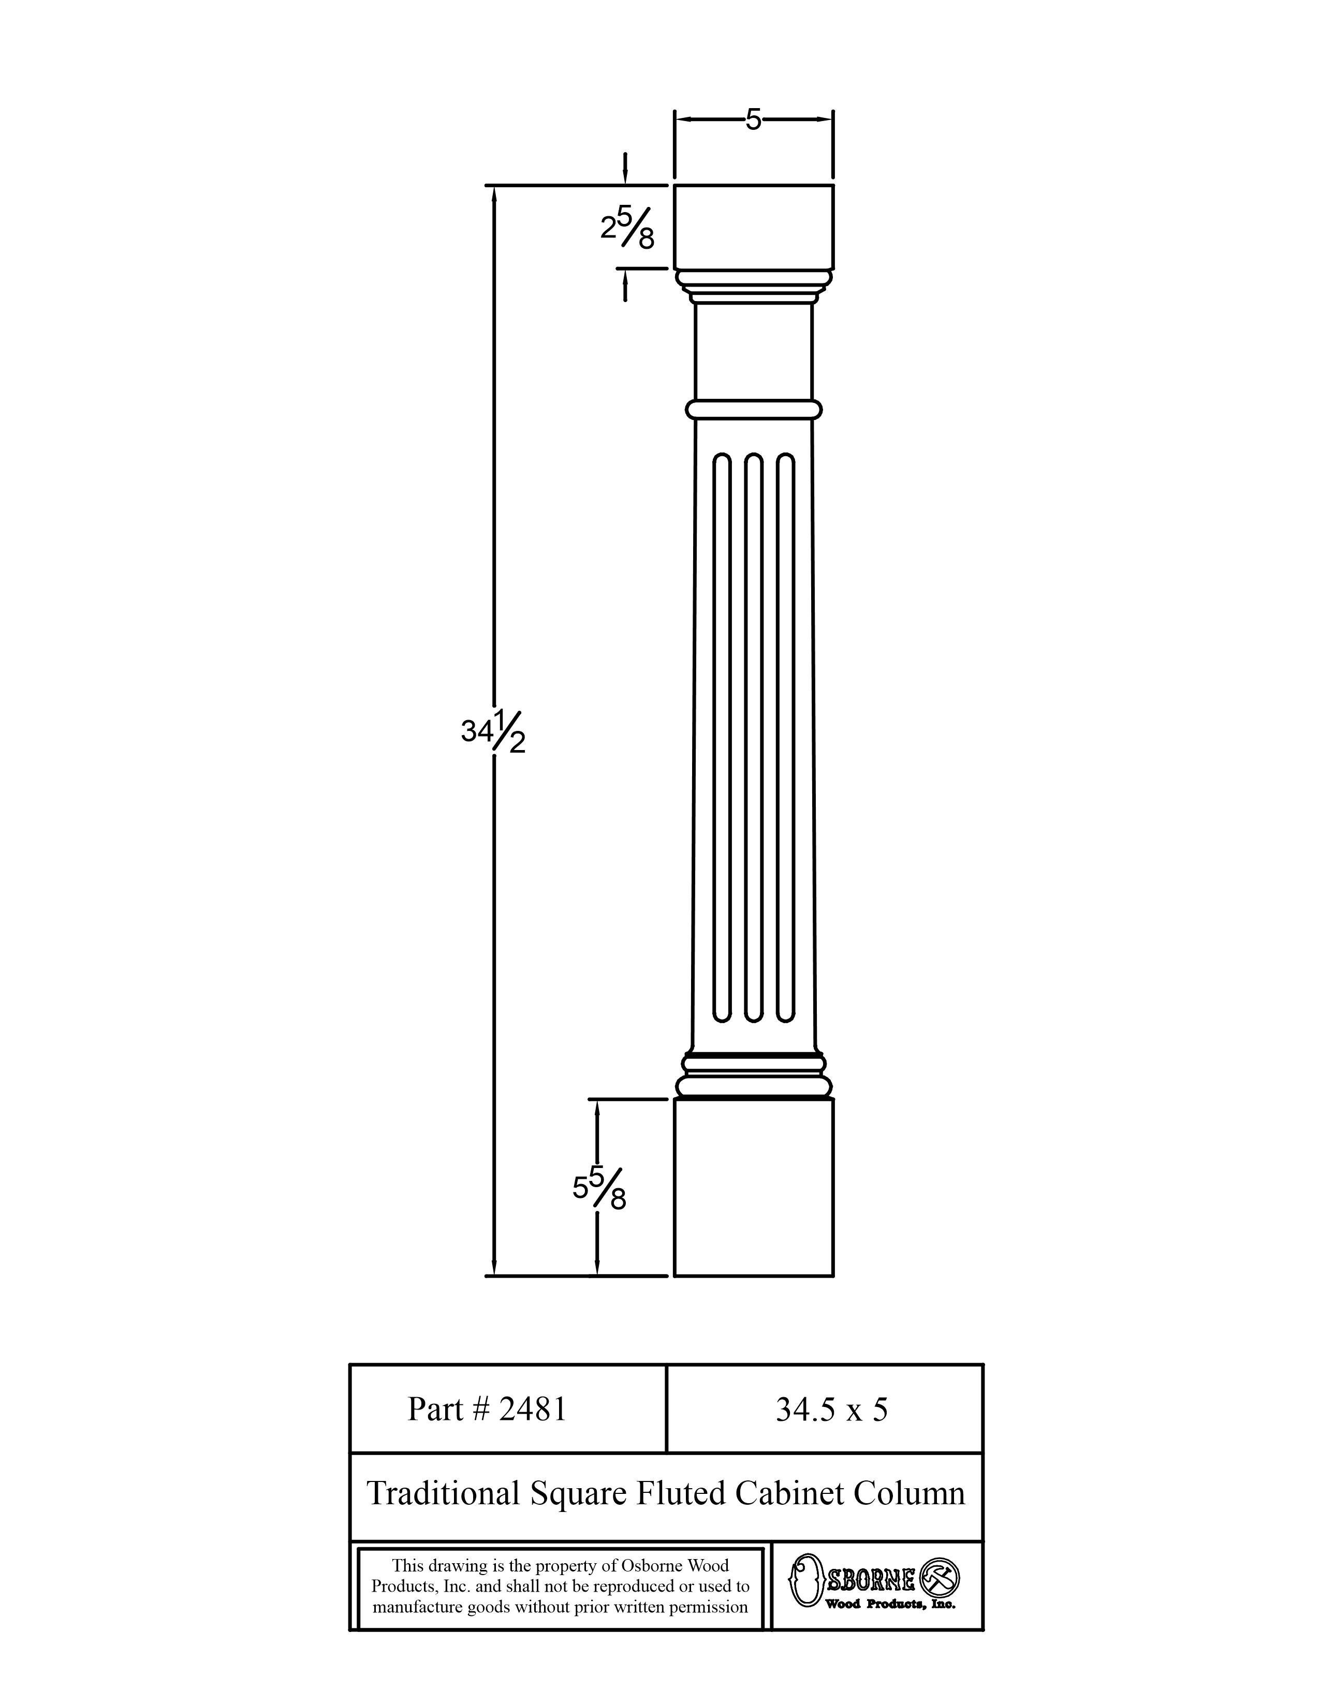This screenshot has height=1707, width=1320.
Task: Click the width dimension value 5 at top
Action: point(752,119)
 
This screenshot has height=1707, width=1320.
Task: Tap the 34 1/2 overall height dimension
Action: point(493,734)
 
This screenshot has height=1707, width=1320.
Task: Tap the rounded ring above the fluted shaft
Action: point(754,409)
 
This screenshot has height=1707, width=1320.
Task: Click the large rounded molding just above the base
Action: point(754,1086)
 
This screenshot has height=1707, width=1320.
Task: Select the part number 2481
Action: point(532,1409)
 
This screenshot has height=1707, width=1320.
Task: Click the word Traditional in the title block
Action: point(444,1493)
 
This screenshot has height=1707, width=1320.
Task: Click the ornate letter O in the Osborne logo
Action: point(806,1580)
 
